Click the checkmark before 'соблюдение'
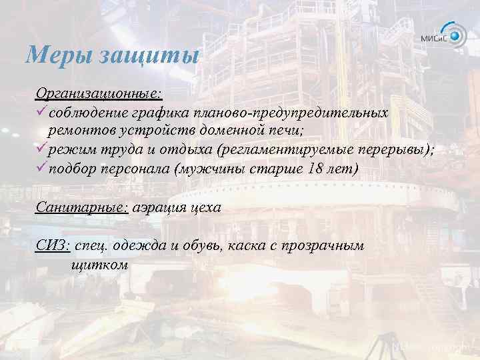pos(41,109)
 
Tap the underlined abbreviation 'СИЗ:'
pos(53,246)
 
